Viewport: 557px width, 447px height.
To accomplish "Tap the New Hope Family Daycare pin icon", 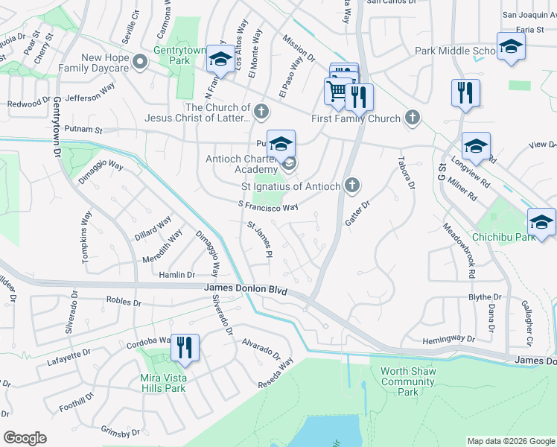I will tap(139, 63).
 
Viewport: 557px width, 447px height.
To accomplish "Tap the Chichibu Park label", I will tap(503, 238).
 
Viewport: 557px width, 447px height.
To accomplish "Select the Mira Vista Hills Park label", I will tap(162, 382).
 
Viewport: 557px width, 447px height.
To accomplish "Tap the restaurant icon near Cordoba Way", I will tap(184, 346).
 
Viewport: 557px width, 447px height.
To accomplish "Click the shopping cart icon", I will tap(337, 92).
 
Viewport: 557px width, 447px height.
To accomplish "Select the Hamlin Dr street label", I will tap(176, 275).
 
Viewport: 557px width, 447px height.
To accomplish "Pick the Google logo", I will tap(25, 437).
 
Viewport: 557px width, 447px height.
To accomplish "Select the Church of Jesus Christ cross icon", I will tap(260, 112).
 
